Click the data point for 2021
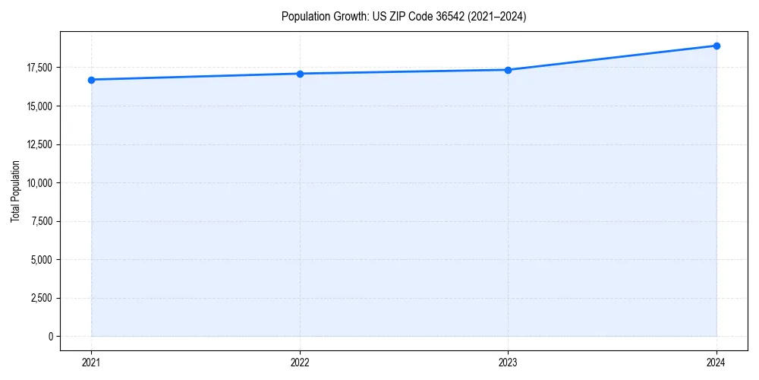tap(91, 80)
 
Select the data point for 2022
tap(300, 74)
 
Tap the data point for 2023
tap(508, 70)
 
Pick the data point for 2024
tap(716, 46)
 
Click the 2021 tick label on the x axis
tap(91, 363)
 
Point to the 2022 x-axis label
tap(300, 363)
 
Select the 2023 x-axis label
tap(508, 363)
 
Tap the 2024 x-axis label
tap(716, 363)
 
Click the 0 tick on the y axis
tap(50, 336)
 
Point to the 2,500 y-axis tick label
tap(41, 298)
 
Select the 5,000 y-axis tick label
tap(41, 259)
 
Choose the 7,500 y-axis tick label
tap(41, 221)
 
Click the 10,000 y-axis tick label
tap(39, 182)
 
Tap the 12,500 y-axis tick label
tap(39, 144)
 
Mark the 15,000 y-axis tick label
tap(39, 106)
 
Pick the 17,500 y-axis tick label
tap(39, 68)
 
